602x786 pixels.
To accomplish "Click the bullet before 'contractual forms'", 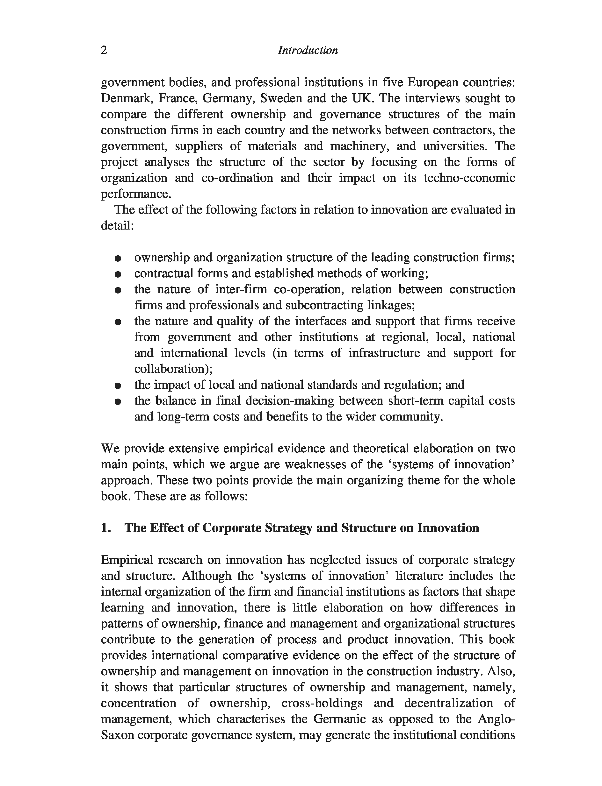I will coord(118,274).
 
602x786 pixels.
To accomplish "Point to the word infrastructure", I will coord(384,353).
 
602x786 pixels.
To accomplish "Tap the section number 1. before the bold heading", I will coord(106,528).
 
